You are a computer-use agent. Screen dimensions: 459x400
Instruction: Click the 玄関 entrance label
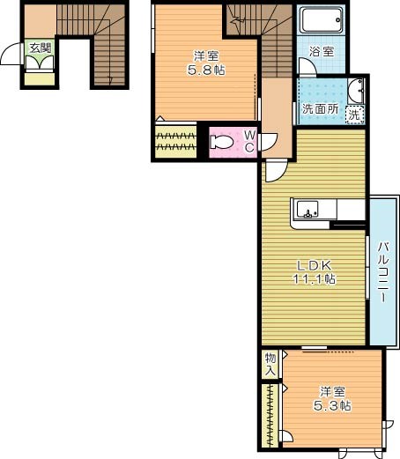click(x=40, y=48)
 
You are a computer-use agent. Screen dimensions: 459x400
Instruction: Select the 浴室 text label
click(x=322, y=51)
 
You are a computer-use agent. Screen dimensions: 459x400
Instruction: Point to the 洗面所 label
click(x=318, y=110)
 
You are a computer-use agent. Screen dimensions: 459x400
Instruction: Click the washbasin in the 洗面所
click(x=355, y=90)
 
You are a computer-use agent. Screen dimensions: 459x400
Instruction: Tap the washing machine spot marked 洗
click(x=353, y=115)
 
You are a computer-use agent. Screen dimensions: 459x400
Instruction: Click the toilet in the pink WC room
click(x=223, y=142)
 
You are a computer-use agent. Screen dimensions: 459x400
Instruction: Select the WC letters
click(x=249, y=141)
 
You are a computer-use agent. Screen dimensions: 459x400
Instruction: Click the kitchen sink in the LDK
click(x=307, y=210)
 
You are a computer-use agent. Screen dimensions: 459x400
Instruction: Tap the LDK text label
click(x=313, y=266)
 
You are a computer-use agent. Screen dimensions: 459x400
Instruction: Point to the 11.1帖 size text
click(x=313, y=280)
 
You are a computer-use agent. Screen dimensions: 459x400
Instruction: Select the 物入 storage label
click(x=271, y=365)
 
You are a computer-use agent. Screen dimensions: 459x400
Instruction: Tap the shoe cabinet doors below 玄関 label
click(x=40, y=64)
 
